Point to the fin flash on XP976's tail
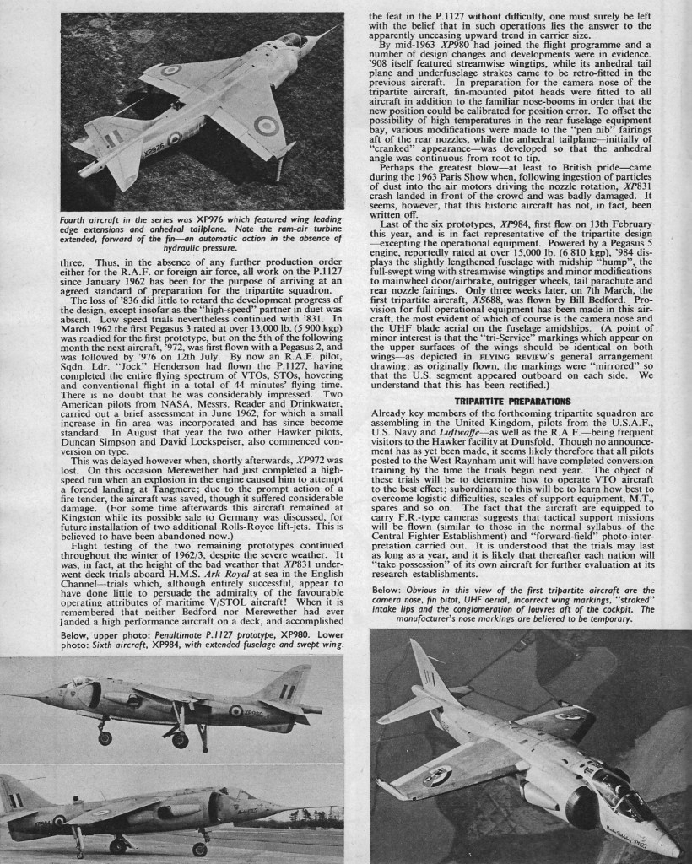112,136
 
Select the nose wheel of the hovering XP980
104,737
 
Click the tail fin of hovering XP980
287,685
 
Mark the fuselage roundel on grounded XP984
59,819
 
